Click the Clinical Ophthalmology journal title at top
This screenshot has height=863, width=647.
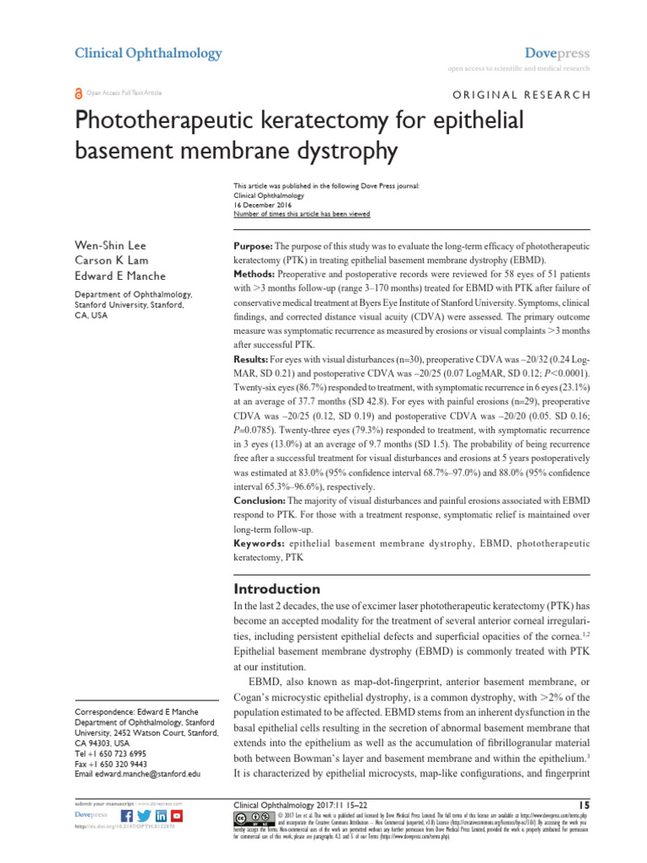148,53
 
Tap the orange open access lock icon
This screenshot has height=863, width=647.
79,93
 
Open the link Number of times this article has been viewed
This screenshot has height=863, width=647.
301,214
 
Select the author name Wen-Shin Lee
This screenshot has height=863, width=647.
110,245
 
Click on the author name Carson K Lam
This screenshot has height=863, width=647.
110,260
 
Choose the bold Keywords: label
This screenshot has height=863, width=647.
257,544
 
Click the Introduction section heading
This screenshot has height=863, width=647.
276,588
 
